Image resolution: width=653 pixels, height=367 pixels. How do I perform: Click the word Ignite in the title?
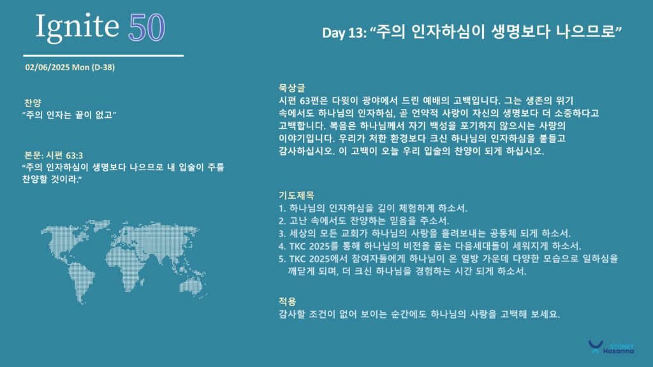pos(77,27)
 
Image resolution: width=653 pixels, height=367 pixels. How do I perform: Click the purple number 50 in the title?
pos(147,28)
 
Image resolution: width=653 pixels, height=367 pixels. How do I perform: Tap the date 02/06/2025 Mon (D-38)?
pos(70,68)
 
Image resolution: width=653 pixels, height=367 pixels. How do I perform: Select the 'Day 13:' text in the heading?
pos(344,32)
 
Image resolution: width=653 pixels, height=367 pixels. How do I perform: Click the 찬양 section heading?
pos(33,103)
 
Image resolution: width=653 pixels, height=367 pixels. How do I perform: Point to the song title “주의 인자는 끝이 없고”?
pos(69,115)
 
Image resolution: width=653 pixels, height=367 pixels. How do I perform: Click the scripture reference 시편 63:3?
pos(64,155)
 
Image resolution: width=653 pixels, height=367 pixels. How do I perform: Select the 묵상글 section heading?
pos(291,88)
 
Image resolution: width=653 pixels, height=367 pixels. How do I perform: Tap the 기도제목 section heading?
pos(296,195)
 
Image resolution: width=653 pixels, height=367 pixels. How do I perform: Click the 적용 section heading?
pos(287,301)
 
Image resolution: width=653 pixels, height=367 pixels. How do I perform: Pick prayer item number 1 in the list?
pos(373,208)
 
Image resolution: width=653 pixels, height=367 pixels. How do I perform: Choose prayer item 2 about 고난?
pos(364,220)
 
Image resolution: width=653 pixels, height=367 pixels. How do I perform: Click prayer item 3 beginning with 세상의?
pos(425,233)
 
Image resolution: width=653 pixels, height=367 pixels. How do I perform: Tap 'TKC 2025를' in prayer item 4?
pos(314,246)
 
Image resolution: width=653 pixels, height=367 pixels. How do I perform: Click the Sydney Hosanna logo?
pos(611,347)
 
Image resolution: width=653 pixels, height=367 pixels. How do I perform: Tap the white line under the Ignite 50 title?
pos(103,55)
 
